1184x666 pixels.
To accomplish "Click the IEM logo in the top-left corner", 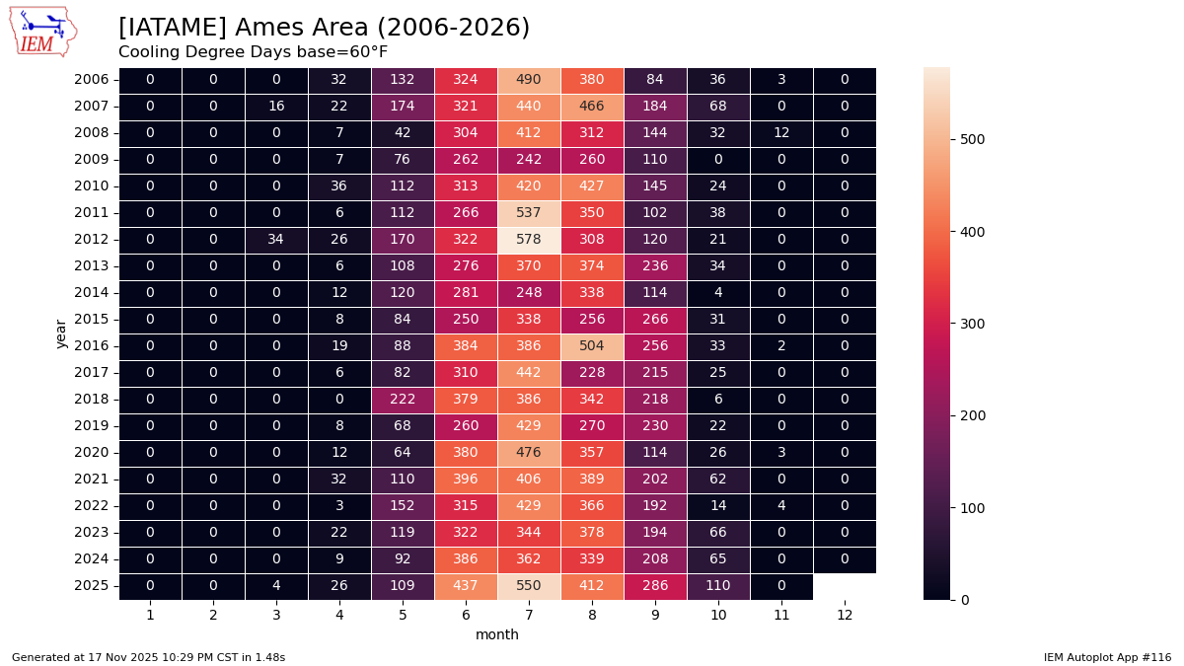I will point(43,32).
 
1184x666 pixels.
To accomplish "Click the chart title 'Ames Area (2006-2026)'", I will point(324,28).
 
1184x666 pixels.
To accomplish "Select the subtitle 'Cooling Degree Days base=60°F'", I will point(253,52).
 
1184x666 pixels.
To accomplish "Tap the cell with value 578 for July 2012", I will point(529,239).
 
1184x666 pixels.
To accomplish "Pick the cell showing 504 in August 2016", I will point(592,345).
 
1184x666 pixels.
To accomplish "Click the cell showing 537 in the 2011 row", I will point(529,212).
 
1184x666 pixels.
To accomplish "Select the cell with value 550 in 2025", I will point(529,585).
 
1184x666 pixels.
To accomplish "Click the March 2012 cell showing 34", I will point(276,239).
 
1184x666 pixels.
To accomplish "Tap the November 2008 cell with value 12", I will point(781,132).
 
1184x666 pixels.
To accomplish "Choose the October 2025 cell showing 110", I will point(718,585).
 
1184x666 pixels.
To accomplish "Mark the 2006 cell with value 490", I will point(529,79).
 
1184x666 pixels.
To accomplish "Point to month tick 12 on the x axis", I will point(845,615).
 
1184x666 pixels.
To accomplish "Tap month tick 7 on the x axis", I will point(529,615).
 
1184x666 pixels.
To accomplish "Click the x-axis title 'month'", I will point(497,634).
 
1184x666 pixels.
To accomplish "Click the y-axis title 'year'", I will point(62,333).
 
